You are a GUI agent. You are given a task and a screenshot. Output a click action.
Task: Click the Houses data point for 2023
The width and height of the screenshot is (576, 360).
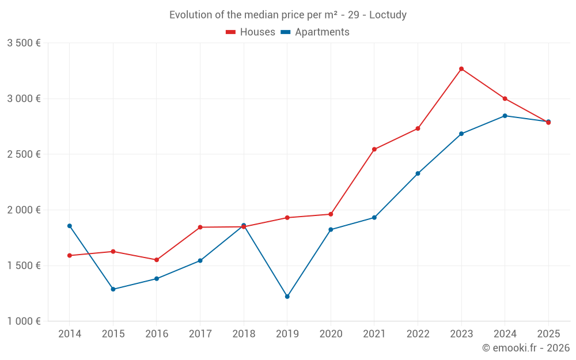[461, 69]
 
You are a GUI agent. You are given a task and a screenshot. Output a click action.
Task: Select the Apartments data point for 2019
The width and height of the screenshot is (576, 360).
[287, 297]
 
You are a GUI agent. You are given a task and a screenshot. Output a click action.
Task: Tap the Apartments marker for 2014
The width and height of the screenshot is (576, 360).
[70, 226]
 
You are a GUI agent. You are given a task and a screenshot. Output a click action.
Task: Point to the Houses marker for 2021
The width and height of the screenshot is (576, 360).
[374, 150]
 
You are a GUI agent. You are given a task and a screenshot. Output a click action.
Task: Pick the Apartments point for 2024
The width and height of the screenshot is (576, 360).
[505, 116]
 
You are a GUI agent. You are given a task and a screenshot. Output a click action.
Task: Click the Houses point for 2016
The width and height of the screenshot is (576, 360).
[157, 260]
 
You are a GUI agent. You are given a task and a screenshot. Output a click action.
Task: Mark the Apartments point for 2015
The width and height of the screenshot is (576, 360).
[113, 289]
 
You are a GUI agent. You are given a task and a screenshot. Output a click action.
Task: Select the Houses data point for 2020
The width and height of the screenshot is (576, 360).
[331, 214]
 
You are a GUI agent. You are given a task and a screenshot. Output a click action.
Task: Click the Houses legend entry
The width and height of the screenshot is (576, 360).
[251, 32]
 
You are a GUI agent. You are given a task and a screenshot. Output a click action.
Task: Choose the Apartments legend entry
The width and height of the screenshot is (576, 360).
[315, 32]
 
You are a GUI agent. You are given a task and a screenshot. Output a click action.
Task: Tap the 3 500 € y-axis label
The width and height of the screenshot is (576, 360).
[24, 43]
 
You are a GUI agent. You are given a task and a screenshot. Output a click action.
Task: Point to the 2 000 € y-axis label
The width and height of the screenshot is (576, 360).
[24, 210]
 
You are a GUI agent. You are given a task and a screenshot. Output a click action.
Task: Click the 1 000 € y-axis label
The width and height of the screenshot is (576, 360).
[24, 321]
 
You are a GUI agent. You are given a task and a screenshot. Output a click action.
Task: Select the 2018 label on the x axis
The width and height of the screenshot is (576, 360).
[244, 334]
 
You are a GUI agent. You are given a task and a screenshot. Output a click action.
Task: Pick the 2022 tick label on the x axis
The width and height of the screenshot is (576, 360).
[418, 334]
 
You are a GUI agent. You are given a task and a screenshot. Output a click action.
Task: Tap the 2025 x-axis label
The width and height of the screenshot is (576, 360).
[548, 334]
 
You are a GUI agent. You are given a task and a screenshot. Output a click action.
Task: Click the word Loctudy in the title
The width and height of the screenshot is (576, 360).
[388, 15]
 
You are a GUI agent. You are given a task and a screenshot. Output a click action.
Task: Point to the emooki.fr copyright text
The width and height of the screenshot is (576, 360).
[525, 348]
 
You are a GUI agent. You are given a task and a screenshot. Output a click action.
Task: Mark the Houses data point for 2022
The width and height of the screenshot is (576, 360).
[418, 128]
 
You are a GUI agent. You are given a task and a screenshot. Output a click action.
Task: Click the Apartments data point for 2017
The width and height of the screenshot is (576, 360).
[200, 261]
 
